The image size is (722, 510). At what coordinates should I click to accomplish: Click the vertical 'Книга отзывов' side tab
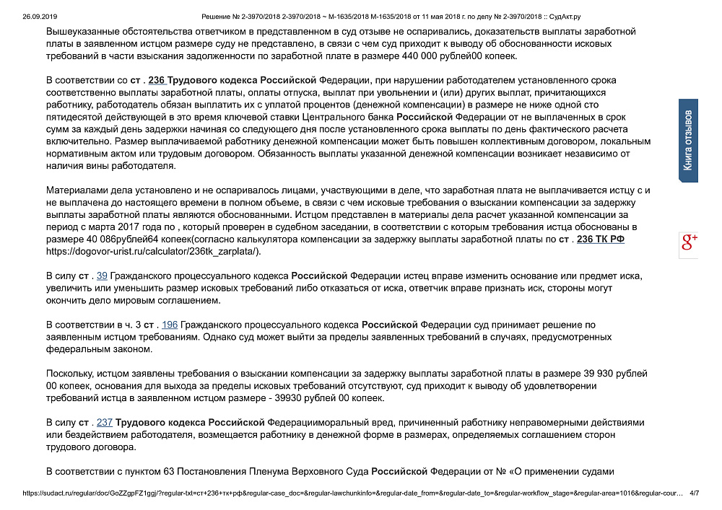click(x=689, y=141)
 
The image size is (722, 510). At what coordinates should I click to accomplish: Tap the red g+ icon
click(x=689, y=243)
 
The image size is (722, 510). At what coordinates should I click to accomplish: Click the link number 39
click(x=102, y=276)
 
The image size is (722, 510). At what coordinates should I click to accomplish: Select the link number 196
click(x=170, y=325)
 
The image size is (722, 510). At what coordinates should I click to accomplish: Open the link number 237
click(x=104, y=422)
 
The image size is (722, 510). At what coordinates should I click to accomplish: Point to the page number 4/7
click(x=695, y=493)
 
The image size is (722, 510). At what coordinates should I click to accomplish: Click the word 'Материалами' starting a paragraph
click(x=75, y=190)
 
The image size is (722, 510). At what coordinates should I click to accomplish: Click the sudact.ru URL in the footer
click(x=354, y=493)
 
